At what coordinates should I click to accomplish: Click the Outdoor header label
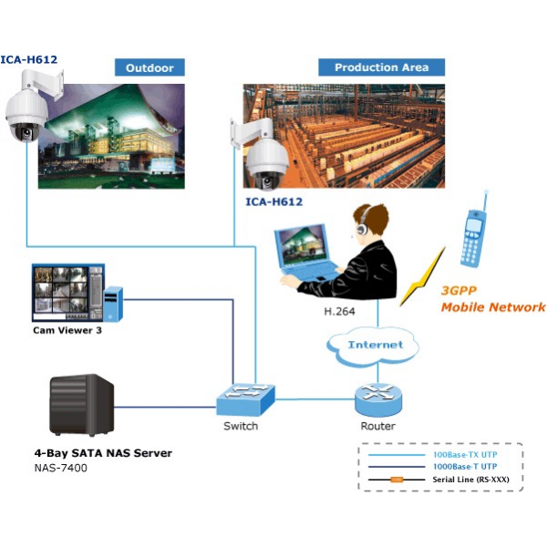(x=150, y=67)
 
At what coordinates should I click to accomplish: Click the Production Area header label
(x=381, y=67)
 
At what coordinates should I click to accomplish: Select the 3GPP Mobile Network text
(x=492, y=299)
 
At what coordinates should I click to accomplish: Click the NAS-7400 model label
(x=58, y=469)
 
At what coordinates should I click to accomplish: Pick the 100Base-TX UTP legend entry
(x=465, y=453)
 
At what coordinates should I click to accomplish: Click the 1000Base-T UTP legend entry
(x=465, y=466)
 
